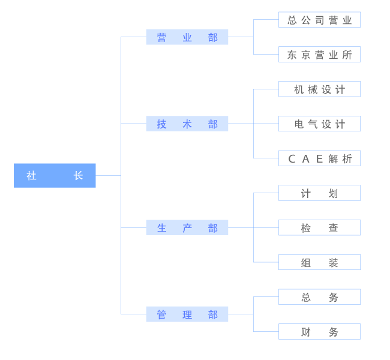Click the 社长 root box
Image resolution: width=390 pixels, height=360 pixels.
pos(55,175)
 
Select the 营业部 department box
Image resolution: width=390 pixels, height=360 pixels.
pos(187,37)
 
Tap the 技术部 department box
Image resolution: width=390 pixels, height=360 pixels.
pos(187,124)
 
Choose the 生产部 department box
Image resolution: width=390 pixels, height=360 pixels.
pos(187,227)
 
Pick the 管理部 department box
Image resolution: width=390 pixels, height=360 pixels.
pos(187,314)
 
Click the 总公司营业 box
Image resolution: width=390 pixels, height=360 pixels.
pos(319,20)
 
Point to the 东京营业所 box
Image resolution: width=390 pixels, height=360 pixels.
pos(319,54)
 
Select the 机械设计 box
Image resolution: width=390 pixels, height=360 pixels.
pos(319,89)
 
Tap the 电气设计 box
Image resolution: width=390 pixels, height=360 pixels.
pos(319,124)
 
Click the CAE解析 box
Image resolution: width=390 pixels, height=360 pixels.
pos(319,158)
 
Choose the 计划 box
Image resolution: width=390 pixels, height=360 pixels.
pos(319,193)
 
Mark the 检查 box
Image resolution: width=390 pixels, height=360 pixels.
pos(319,227)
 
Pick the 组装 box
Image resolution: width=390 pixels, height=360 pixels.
pos(319,262)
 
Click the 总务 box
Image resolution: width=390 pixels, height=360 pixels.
pos(319,297)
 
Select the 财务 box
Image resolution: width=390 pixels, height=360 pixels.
pos(319,331)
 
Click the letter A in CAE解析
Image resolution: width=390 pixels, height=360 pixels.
pos(305,159)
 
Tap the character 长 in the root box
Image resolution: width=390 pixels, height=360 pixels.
pos(78,176)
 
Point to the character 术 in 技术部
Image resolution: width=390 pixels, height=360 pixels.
pos(187,124)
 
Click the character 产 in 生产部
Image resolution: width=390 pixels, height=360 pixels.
pos(187,228)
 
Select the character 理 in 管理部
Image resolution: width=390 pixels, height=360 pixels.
pos(187,315)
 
